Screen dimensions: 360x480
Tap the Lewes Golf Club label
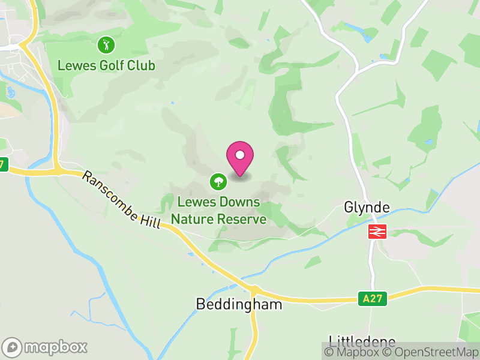[106, 65]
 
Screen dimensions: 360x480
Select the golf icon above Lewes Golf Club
[106, 44]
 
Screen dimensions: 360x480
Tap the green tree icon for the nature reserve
[217, 180]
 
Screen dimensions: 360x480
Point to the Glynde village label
[367, 208]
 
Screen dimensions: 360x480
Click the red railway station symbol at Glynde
[377, 231]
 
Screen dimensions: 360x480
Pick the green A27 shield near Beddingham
[373, 298]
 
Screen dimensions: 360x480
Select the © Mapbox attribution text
[355, 352]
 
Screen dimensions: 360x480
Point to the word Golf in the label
[112, 65]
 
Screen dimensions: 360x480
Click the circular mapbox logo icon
[13, 347]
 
